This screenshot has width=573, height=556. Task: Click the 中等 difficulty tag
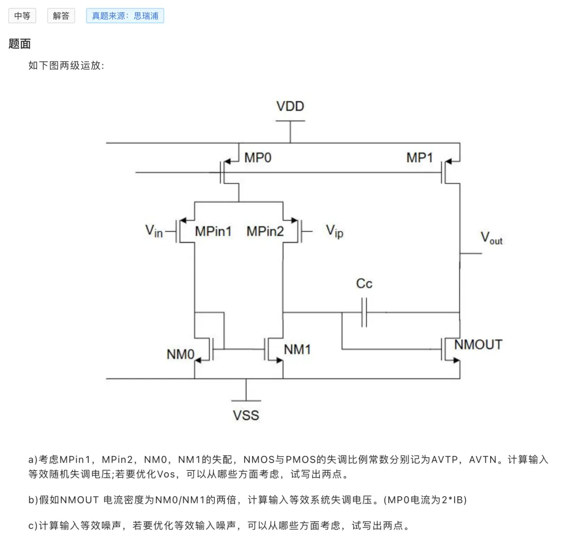22,16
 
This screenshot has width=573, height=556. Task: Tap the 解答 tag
61,16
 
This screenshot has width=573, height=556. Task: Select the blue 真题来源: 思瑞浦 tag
125,16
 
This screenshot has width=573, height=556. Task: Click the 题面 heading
20,44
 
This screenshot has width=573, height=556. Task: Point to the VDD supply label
290,106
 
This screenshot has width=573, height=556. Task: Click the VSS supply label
246,415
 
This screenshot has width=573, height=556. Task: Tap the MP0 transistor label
258,158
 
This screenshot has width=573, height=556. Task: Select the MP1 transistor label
420,158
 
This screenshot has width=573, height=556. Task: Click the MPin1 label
213,231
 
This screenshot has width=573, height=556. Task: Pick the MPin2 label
265,231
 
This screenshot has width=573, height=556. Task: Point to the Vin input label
154,231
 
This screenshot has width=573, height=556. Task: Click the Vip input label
334,232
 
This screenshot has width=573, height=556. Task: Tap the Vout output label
491,237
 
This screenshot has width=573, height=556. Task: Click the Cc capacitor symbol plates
364,313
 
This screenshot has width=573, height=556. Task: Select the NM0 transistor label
180,354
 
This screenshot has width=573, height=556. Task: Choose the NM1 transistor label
297,349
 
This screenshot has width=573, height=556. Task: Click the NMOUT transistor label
479,345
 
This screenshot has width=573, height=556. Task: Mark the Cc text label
364,283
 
